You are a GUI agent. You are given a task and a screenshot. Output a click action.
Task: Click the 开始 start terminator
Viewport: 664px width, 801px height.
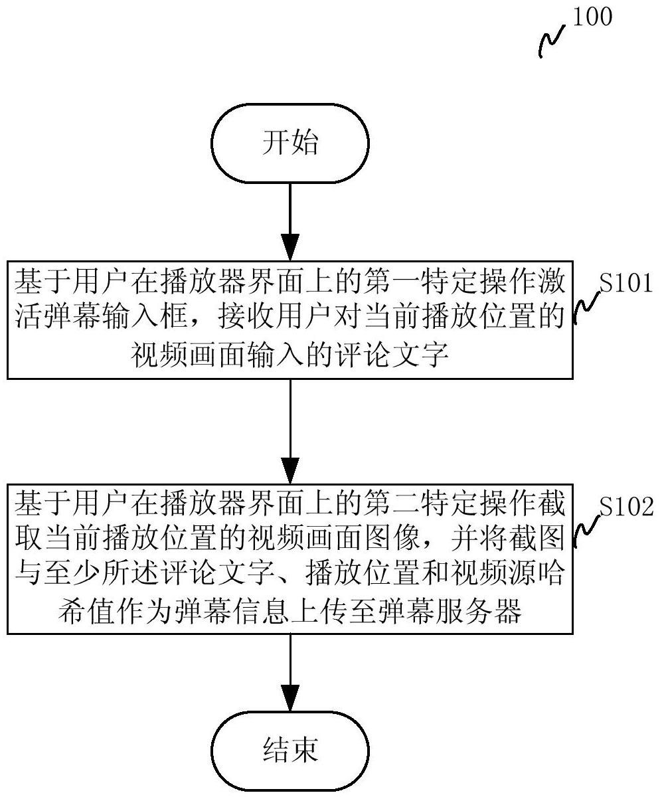point(290,143)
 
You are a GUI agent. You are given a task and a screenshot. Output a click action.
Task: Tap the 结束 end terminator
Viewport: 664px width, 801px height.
point(290,751)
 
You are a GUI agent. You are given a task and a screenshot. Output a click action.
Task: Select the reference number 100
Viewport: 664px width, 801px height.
point(592,17)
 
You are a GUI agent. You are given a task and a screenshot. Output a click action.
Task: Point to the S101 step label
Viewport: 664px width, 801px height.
point(626,283)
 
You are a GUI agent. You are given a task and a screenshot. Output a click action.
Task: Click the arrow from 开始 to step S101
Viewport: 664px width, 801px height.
point(290,222)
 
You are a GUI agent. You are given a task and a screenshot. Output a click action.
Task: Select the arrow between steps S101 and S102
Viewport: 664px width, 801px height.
point(290,432)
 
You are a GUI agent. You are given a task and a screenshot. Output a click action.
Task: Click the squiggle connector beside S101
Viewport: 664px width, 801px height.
point(587,308)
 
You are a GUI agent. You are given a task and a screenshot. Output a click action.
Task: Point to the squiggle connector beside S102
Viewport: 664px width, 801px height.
point(587,531)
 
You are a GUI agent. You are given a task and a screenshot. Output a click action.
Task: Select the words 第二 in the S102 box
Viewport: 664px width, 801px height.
point(392,503)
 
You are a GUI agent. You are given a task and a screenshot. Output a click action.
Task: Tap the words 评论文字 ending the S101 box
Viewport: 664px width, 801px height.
point(392,355)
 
